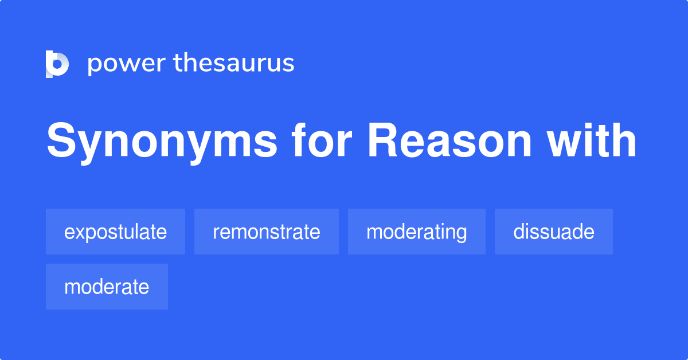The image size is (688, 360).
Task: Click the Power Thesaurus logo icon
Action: click(x=57, y=64)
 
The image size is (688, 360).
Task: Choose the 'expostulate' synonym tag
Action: click(x=115, y=232)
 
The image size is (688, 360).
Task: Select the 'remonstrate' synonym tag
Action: click(x=266, y=232)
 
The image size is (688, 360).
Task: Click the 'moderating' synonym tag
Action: click(x=416, y=232)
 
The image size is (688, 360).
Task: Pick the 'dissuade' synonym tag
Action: click(x=553, y=232)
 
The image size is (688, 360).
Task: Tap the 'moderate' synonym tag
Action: click(x=107, y=287)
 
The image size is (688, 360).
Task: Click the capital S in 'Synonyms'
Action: click(x=60, y=142)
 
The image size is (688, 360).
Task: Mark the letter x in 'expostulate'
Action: click(x=77, y=232)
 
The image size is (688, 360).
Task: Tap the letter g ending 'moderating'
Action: click(x=461, y=234)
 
